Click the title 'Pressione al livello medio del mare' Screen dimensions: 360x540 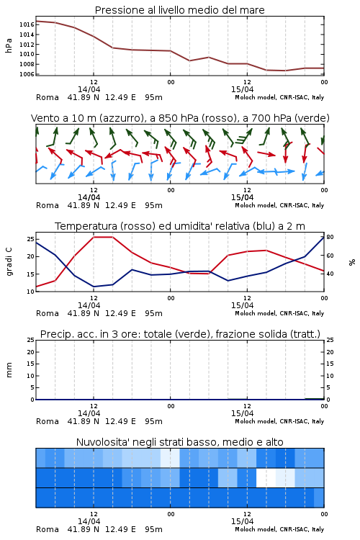click(x=180, y=10)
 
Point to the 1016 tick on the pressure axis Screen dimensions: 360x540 click(x=27, y=24)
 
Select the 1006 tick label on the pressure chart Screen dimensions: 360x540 click(x=27, y=74)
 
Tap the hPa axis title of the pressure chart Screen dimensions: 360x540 click(x=9, y=46)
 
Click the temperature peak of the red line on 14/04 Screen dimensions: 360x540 click(x=103, y=237)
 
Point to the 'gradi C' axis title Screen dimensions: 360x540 click(x=9, y=262)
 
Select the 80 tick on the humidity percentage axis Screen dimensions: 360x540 click(x=330, y=237)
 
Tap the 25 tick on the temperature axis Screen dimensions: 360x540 click(x=30, y=239)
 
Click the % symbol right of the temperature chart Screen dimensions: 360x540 click(x=352, y=262)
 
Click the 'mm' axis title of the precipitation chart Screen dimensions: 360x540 click(x=9, y=370)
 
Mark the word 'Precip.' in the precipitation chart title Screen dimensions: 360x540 click(x=55, y=334)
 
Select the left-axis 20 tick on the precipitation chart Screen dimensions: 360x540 click(x=31, y=352)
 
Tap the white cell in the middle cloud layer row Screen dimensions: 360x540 click(x=266, y=477)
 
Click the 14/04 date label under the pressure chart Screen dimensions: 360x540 click(x=89, y=89)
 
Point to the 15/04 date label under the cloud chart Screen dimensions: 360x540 click(x=242, y=521)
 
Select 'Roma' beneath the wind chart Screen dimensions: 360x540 click(x=48, y=205)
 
